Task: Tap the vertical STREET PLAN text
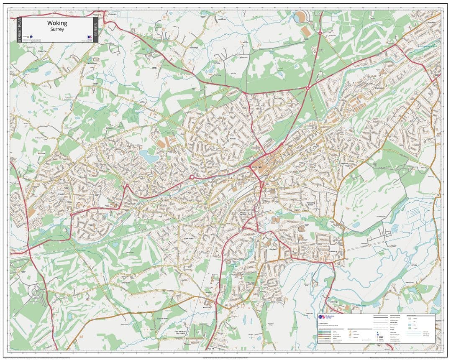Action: click(x=19, y=30)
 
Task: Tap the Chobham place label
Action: click(x=112, y=14)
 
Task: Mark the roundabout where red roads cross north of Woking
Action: click(x=308, y=88)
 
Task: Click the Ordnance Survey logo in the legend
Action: click(x=322, y=318)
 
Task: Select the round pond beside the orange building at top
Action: click(x=300, y=18)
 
